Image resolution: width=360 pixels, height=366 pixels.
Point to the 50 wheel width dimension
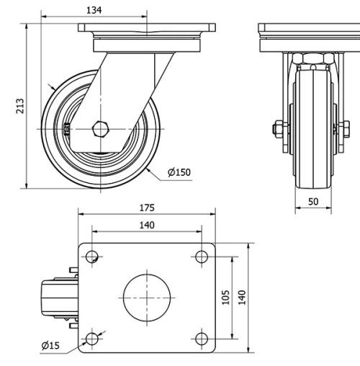point(312,202)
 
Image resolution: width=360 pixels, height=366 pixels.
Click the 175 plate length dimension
point(146,208)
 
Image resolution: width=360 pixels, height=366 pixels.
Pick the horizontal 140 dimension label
point(146,226)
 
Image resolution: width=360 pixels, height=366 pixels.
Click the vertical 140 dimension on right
point(243,297)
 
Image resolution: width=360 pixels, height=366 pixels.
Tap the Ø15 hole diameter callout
point(50,347)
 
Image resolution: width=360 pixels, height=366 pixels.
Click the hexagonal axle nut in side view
point(101,130)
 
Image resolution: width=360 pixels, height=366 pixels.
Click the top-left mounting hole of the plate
point(92,256)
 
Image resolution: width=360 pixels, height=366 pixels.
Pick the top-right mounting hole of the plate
point(201,256)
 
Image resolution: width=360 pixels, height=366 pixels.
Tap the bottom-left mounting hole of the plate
point(92,338)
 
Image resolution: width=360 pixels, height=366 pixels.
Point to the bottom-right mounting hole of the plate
point(201,338)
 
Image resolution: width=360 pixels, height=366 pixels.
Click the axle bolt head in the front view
point(277,130)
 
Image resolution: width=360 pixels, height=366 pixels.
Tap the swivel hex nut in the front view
point(312,58)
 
